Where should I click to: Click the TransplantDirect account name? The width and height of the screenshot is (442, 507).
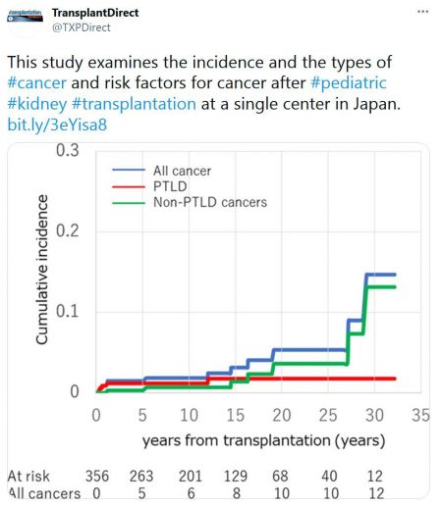95,13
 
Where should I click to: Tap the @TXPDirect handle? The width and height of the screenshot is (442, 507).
82,27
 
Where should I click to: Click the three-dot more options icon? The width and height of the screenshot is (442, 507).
422,12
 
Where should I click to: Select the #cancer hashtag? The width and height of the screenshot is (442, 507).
37,82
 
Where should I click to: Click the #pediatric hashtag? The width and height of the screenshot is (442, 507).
349,82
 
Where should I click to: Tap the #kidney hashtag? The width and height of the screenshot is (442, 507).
37,104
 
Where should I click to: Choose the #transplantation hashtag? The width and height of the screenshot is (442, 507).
134,104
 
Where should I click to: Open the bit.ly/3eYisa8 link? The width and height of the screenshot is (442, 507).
57,125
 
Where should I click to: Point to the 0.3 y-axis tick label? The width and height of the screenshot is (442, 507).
68,150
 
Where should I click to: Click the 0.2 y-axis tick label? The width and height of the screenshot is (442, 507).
68,230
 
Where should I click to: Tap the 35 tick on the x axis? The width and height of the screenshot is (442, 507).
420,415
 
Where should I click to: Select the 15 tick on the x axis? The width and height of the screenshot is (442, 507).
235,415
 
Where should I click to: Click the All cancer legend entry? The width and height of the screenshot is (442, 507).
162,171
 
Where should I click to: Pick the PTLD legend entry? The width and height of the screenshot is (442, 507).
149,186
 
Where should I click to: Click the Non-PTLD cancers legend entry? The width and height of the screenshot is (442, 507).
190,202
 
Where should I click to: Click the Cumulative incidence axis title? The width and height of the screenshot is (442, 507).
42,270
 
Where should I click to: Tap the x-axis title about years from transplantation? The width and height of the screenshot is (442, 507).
263,440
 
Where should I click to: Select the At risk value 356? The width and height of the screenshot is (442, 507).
97,476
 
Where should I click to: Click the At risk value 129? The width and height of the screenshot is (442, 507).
236,476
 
